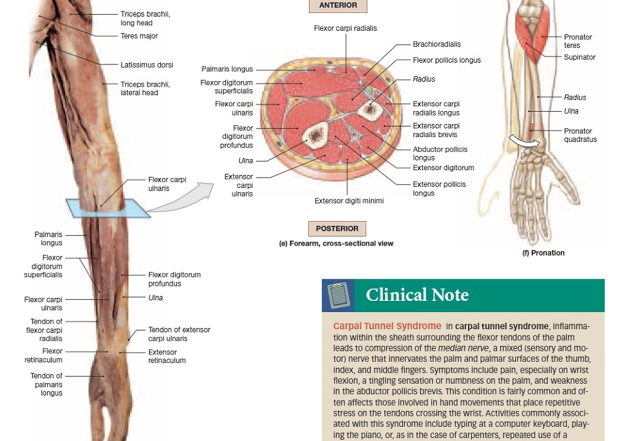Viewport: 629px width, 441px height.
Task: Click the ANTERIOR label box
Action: [338, 5]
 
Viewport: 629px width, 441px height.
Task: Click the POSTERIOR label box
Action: [337, 228]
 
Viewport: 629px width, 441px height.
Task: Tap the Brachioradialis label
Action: [437, 44]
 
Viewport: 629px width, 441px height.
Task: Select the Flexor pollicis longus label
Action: [447, 60]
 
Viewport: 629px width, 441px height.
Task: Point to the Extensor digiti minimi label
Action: [349, 201]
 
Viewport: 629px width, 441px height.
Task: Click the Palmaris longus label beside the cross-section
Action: [227, 69]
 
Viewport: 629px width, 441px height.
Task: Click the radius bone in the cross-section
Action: [368, 109]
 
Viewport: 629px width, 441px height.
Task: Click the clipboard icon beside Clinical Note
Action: [338, 295]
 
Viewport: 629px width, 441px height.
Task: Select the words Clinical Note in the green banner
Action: [417, 295]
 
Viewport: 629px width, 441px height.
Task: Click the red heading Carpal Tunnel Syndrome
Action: [387, 326]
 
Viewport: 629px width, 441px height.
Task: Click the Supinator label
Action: [579, 57]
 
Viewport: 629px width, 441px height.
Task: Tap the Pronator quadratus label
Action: [580, 135]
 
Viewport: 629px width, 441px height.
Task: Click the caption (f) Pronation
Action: [543, 253]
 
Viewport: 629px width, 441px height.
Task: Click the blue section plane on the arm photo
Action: [108, 208]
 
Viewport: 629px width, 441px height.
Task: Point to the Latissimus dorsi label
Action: [147, 64]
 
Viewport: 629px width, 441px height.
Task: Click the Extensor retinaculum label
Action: [167, 356]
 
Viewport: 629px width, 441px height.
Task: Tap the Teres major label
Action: [139, 36]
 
